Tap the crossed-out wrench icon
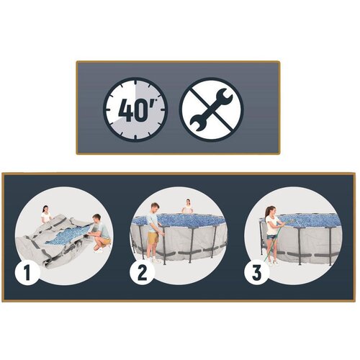click(x=212, y=109)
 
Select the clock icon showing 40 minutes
click(x=135, y=109)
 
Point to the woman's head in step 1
click(x=45, y=209)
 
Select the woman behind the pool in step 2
click(x=187, y=207)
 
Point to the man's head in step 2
click(x=155, y=207)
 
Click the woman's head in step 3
click(x=269, y=210)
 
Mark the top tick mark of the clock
click(x=135, y=82)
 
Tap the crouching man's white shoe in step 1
click(x=98, y=251)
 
